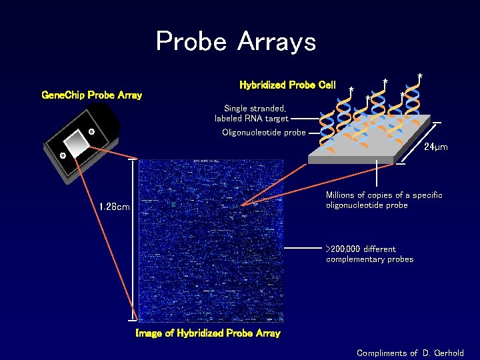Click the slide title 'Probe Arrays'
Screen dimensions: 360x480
[235, 42]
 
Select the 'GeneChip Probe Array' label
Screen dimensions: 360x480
[91, 95]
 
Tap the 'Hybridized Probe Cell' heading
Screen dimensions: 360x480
[287, 85]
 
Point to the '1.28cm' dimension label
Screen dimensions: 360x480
[114, 207]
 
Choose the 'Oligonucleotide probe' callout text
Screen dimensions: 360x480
[263, 132]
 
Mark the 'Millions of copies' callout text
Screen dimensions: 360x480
[383, 200]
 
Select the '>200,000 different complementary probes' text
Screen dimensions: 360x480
[370, 254]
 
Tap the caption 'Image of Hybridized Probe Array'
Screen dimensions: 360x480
[207, 333]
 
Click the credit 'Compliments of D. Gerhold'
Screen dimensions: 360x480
[410, 353]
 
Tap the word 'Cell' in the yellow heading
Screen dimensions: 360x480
[327, 85]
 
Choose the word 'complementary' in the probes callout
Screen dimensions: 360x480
[353, 259]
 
